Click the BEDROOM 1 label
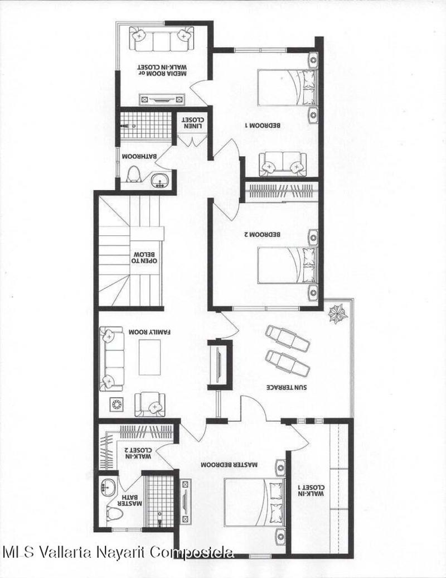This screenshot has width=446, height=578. click(263, 126)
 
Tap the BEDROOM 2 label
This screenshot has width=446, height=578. click(263, 234)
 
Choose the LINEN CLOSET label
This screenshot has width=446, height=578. click(192, 123)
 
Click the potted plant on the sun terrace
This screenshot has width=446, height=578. click(338, 314)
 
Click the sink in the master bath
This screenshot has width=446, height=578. click(109, 487)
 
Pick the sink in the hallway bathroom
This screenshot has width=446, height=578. click(160, 180)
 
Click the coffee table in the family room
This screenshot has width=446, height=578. click(149, 357)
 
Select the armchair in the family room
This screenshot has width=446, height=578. click(150, 404)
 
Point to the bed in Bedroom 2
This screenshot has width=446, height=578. click(287, 266)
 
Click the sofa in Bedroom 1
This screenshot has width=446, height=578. click(283, 163)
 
